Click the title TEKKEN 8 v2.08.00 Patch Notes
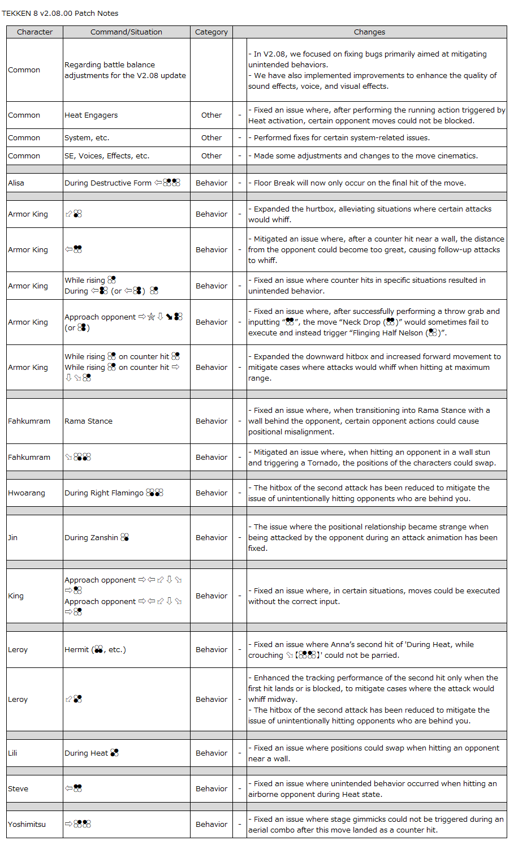click(60, 13)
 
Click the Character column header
click(34, 32)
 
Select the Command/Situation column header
click(126, 32)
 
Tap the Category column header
click(211, 32)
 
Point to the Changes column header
click(369, 32)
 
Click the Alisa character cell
click(16, 183)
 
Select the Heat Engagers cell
click(91, 115)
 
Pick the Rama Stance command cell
click(88, 421)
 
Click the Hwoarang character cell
click(26, 493)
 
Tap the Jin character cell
click(13, 537)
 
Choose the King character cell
click(16, 596)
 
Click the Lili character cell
click(12, 753)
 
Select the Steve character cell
click(18, 788)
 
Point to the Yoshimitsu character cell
click(27, 824)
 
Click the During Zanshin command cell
click(97, 537)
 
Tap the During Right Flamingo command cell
click(114, 493)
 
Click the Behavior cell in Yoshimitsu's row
click(211, 824)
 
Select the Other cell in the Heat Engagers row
click(211, 115)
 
